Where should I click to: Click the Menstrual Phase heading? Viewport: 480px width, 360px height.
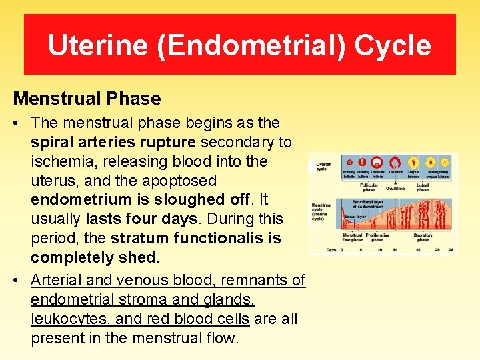pos(87,99)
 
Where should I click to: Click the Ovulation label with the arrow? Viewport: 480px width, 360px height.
pos(395,188)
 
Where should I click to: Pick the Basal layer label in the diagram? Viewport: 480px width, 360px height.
pos(355,216)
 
